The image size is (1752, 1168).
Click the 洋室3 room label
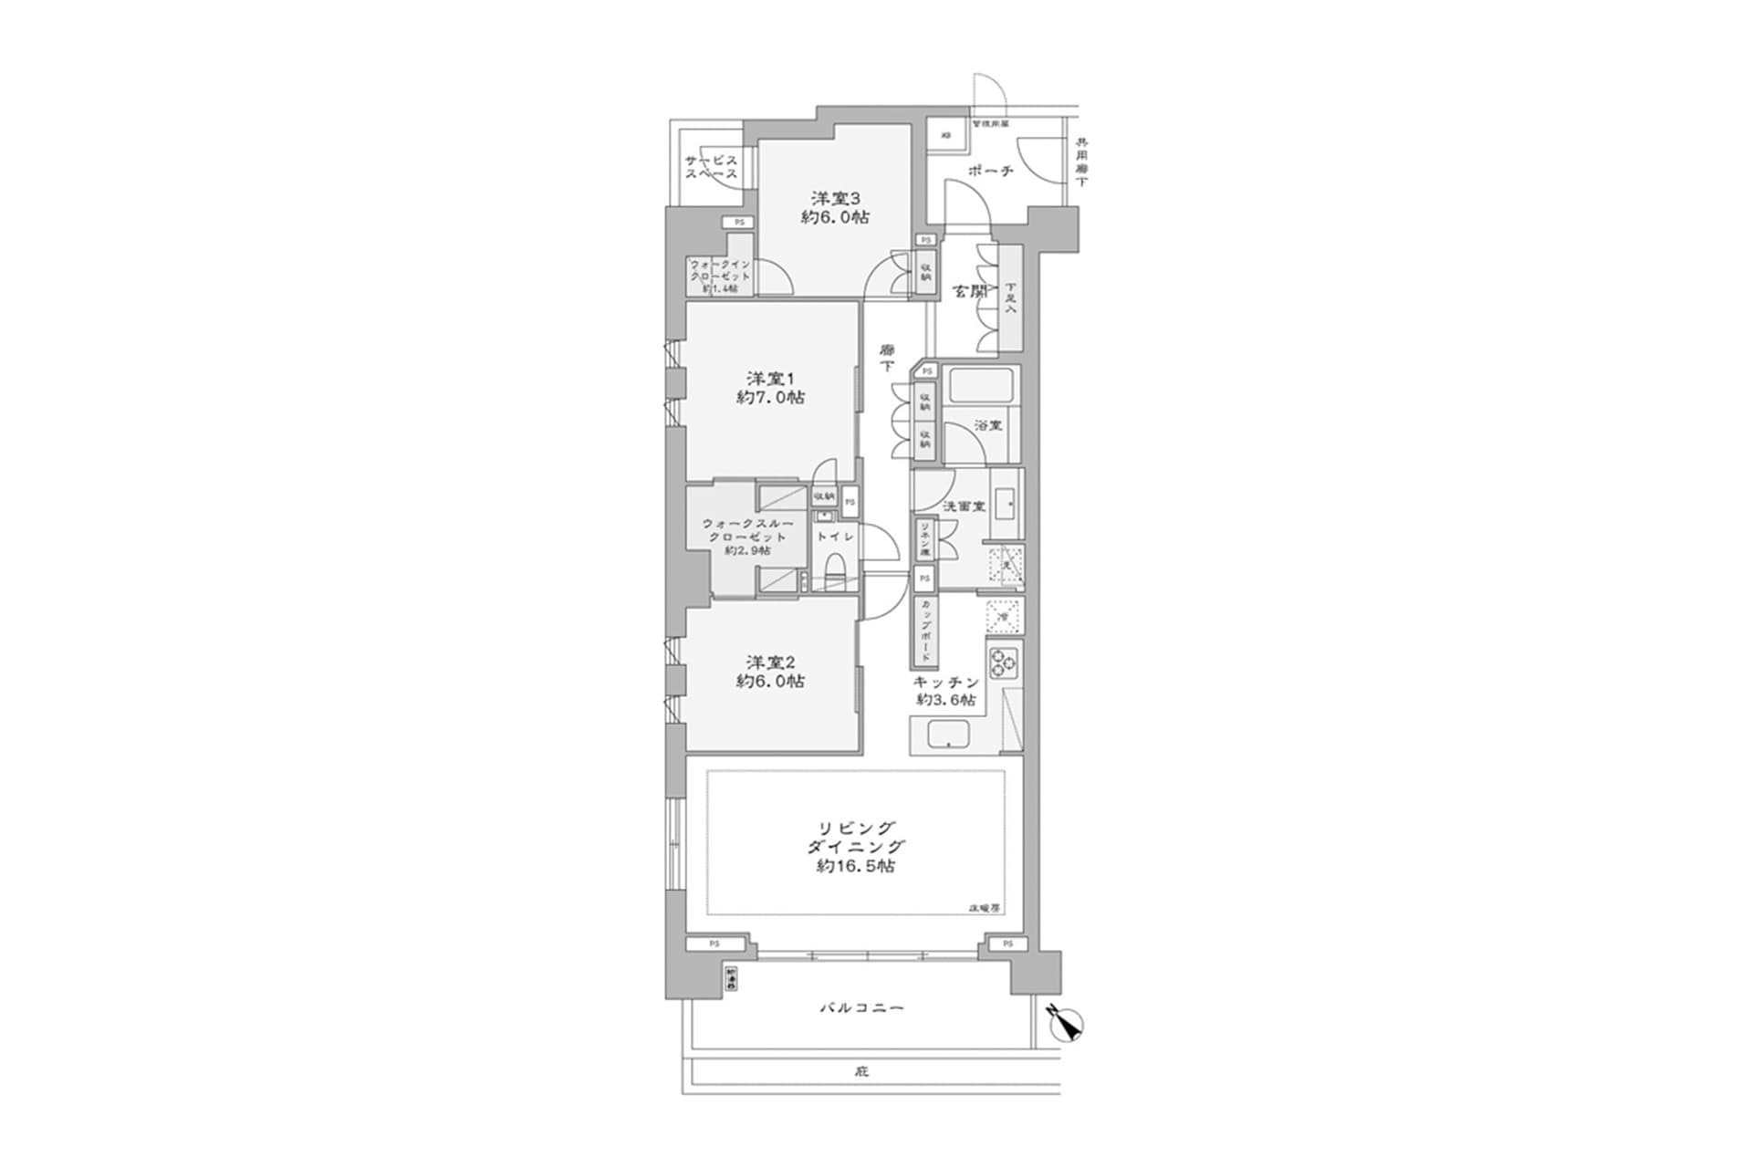click(835, 197)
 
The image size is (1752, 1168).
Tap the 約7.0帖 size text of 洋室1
click(771, 398)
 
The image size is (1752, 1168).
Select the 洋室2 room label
click(771, 662)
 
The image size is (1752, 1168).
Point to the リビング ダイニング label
click(855, 837)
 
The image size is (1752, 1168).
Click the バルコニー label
click(860, 1008)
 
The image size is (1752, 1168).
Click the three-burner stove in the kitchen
click(1004, 662)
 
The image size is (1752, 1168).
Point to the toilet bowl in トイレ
click(835, 574)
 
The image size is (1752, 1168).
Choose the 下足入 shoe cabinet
click(1010, 297)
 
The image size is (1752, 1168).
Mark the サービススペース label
click(712, 167)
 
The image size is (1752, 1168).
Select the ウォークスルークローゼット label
click(747, 537)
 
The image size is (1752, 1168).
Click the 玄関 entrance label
click(970, 292)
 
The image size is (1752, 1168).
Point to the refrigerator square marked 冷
click(1003, 618)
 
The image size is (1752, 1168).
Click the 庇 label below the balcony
click(861, 1071)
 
